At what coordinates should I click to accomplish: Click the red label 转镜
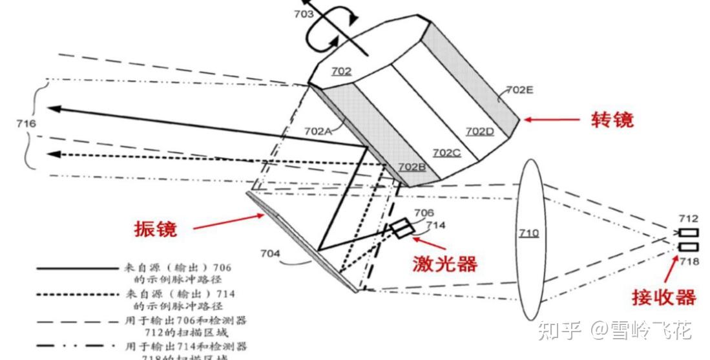pyautogui.click(x=612, y=120)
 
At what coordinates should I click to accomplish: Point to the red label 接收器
pyautogui.click(x=663, y=297)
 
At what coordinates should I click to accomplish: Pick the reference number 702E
pyautogui.click(x=519, y=90)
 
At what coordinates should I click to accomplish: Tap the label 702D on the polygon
pyautogui.click(x=480, y=131)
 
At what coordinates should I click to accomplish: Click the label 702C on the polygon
pyautogui.click(x=446, y=153)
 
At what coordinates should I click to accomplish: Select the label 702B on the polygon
pyautogui.click(x=412, y=167)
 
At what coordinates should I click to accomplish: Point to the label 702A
pyautogui.click(x=318, y=131)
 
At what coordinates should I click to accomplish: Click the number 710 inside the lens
pyautogui.click(x=528, y=233)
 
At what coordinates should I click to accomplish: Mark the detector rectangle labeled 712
pyautogui.click(x=687, y=233)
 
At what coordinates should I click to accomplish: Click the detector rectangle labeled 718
pyautogui.click(x=687, y=246)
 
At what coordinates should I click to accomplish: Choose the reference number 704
pyautogui.click(x=270, y=253)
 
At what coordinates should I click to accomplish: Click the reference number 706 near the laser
pyautogui.click(x=423, y=213)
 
